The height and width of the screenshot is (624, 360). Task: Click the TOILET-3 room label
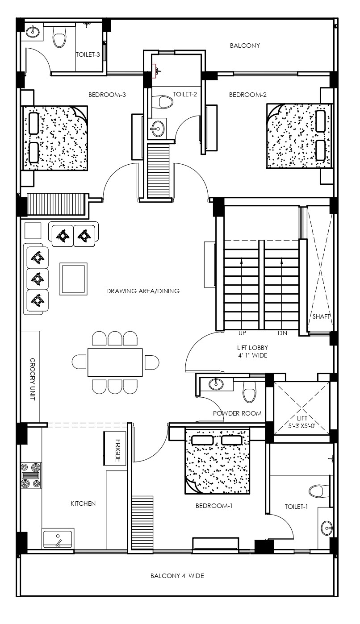pyautogui.click(x=88, y=54)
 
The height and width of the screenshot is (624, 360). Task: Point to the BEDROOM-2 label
pyautogui.click(x=247, y=95)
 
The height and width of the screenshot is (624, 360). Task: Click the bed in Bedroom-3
pyautogui.click(x=55, y=138)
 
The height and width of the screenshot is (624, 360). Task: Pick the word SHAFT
pyautogui.click(x=321, y=316)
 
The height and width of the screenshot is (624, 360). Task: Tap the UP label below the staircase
pyautogui.click(x=242, y=333)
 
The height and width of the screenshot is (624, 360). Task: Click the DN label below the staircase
pyautogui.click(x=282, y=333)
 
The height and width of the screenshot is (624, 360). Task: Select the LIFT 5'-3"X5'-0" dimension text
pyautogui.click(x=302, y=422)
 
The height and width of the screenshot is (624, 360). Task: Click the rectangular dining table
pyautogui.click(x=115, y=362)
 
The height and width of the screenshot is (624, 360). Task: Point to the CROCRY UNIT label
pyautogui.click(x=33, y=379)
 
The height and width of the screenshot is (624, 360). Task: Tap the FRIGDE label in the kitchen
pyautogui.click(x=118, y=450)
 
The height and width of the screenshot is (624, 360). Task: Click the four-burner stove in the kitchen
pyautogui.click(x=31, y=475)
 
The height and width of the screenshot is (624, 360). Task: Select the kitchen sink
pyautogui.click(x=58, y=539)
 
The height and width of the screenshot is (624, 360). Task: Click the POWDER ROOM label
pyautogui.click(x=237, y=413)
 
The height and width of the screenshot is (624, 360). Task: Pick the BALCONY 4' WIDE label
pyautogui.click(x=177, y=576)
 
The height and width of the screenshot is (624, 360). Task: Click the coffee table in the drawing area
pyautogui.click(x=73, y=279)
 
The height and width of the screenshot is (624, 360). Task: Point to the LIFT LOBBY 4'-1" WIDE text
pyautogui.click(x=252, y=352)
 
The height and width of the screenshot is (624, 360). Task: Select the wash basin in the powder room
pyautogui.click(x=216, y=384)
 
